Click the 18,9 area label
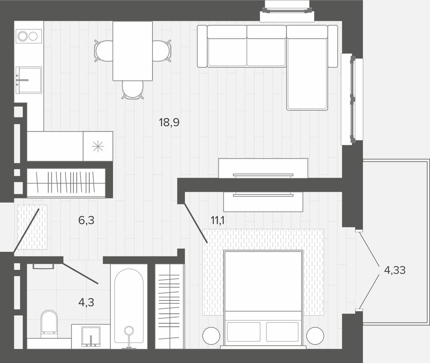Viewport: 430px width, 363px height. [x=169, y=122]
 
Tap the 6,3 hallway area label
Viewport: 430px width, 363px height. [x=86, y=220]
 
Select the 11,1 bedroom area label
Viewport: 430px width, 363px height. [x=217, y=220]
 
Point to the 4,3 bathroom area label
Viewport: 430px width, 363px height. [x=86, y=302]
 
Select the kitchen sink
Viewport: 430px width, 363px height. [x=29, y=80]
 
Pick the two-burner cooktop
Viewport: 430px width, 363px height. [x=29, y=36]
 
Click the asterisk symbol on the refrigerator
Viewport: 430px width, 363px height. [x=98, y=146]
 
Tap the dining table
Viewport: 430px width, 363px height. [x=133, y=51]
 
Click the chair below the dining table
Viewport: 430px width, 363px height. [x=133, y=90]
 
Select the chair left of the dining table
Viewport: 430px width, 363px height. [x=103, y=51]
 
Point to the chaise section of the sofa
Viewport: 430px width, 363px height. [x=307, y=68]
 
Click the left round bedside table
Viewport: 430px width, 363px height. [x=211, y=335]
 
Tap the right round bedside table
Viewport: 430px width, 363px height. [x=315, y=335]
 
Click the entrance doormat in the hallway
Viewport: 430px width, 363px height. [x=32, y=227]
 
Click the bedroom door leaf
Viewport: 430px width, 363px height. [x=196, y=223]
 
